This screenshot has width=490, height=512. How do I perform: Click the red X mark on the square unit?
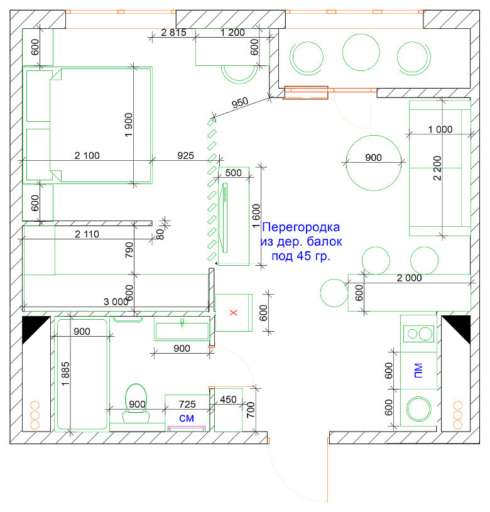tap(234, 312)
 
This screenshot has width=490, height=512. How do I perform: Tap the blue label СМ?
tap(187, 418)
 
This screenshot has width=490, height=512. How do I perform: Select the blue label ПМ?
tap(418, 371)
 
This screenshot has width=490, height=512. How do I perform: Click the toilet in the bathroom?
tap(136, 403)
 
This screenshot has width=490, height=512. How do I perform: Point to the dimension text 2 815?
tap(173, 32)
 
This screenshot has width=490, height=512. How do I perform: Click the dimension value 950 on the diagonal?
tap(240, 103)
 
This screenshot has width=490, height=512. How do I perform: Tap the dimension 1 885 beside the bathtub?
tap(65, 374)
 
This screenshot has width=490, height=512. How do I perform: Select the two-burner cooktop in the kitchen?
tap(419, 334)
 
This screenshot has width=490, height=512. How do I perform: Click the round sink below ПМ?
tap(418, 408)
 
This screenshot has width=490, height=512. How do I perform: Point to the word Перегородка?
tap(301, 227)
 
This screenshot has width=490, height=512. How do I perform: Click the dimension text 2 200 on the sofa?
tap(437, 168)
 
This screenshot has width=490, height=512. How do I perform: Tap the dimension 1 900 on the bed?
tap(129, 125)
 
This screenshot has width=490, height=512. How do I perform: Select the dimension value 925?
tap(185, 155)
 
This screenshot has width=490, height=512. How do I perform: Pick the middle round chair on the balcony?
tap(361, 52)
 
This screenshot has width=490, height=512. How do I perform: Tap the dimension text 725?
tap(187, 404)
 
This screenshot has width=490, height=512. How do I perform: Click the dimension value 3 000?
tap(116, 302)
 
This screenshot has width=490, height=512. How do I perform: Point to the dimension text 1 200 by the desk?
tap(232, 32)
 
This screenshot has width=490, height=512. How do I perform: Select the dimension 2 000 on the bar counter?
tap(410, 278)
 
